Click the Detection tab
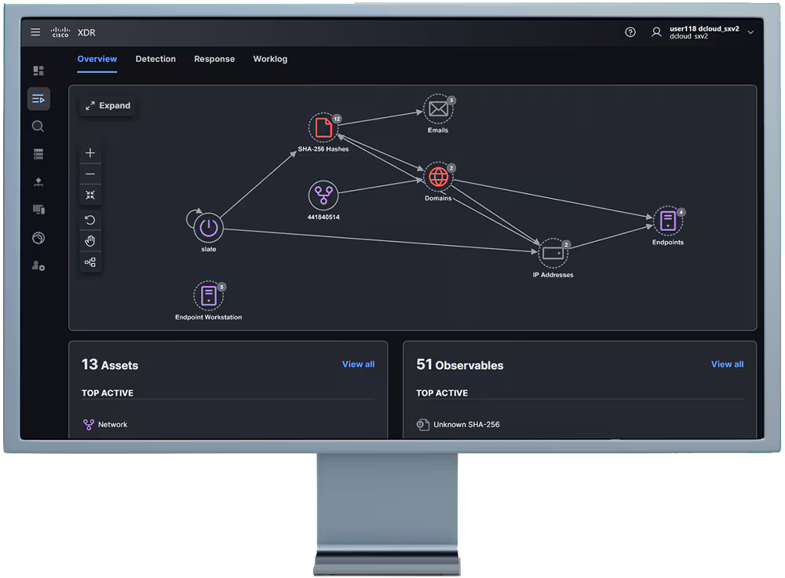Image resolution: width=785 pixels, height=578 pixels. tap(155, 59)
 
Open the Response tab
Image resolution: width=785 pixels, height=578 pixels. tap(214, 59)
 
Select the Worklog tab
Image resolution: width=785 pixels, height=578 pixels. tap(270, 59)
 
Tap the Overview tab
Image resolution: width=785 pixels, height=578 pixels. tap(97, 59)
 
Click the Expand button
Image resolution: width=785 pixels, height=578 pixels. tap(108, 106)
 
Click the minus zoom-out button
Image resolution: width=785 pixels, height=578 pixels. tap(90, 174)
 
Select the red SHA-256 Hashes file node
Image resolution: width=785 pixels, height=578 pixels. tap(323, 128)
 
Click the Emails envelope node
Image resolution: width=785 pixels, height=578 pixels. tap(438, 108)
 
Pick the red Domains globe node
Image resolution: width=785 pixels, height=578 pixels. tap(438, 177)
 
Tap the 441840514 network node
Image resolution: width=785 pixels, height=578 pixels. tap(323, 196)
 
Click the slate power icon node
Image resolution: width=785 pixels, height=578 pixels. tap(208, 228)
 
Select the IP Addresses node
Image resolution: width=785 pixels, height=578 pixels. tap(553, 254)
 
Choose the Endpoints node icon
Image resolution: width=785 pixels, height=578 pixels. tap(668, 221)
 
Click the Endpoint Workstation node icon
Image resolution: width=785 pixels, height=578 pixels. tap(208, 295)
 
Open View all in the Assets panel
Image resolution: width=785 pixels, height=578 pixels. tap(358, 364)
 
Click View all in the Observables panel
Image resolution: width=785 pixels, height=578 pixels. tap(727, 364)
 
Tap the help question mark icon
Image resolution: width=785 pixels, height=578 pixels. tap(630, 32)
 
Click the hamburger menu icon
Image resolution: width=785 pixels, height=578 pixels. tap(35, 32)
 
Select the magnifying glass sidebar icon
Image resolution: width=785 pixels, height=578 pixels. tap(38, 126)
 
